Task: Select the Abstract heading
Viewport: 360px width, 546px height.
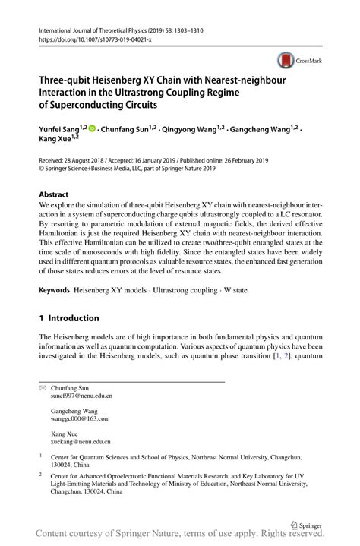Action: [55, 194]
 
